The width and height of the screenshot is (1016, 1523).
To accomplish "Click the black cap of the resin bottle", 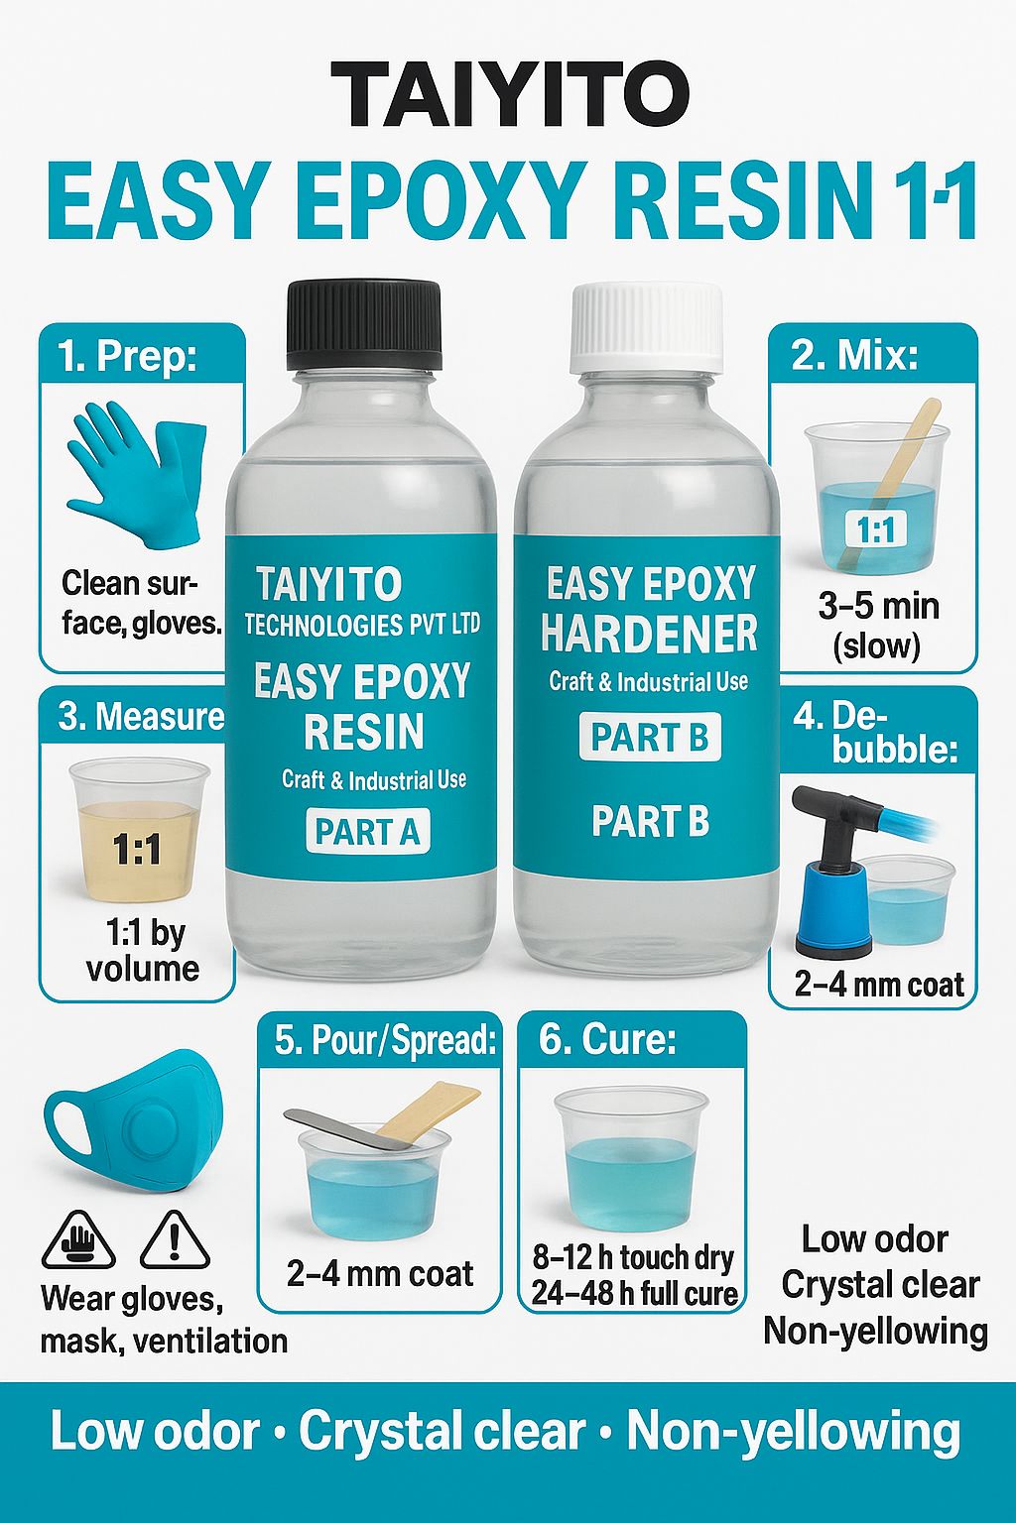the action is [364, 325].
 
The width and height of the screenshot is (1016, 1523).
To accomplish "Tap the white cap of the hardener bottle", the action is [647, 327].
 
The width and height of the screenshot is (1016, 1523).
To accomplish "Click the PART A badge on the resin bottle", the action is [367, 831].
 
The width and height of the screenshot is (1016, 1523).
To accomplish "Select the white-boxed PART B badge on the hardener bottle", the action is [650, 737].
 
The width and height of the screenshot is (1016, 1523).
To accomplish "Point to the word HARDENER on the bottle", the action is [649, 634].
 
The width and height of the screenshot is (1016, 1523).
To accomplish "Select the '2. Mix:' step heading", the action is [854, 355].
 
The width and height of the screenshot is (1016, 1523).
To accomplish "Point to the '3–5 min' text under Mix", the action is [878, 607].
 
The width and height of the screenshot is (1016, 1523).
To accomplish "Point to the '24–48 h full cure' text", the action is [634, 1293].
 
